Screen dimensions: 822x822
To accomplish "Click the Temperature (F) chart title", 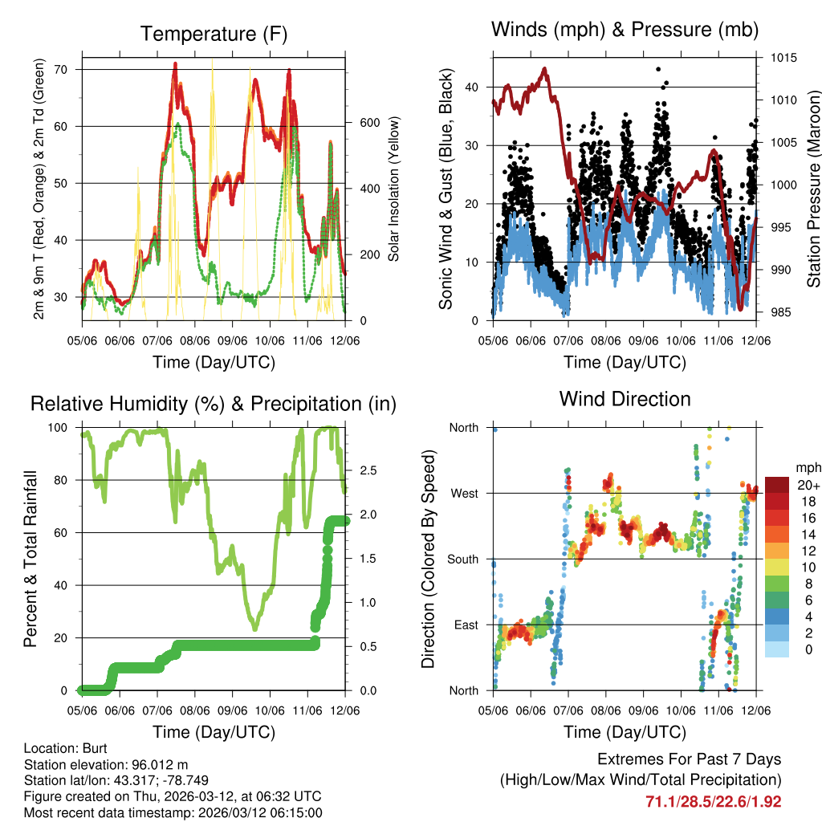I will pyautogui.click(x=214, y=34).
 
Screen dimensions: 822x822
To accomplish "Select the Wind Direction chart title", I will pyautogui.click(x=625, y=399).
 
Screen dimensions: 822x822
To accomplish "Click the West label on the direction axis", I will pyautogui.click(x=464, y=494).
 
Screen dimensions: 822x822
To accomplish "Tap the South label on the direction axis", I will pyautogui.click(x=462, y=560).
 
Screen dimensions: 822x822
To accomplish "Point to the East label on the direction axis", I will pyautogui.click(x=466, y=625).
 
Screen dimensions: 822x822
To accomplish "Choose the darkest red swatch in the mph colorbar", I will pyautogui.click(x=777, y=485).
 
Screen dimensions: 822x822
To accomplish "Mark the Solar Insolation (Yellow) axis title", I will pyautogui.click(x=393, y=189).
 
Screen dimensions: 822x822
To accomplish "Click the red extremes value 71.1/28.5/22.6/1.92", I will pyautogui.click(x=713, y=801).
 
